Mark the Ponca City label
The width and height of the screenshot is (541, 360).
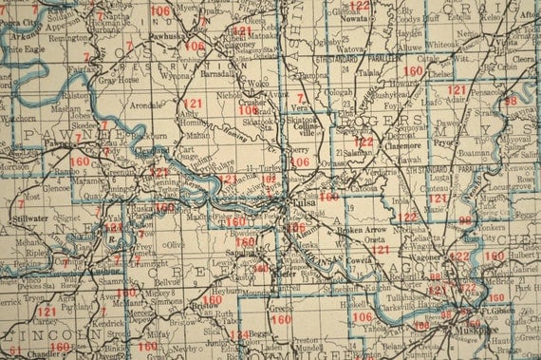[x=21, y=21]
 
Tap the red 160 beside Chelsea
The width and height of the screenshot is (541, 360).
[x=413, y=70]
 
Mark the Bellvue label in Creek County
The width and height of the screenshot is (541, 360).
[x=167, y=282]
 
